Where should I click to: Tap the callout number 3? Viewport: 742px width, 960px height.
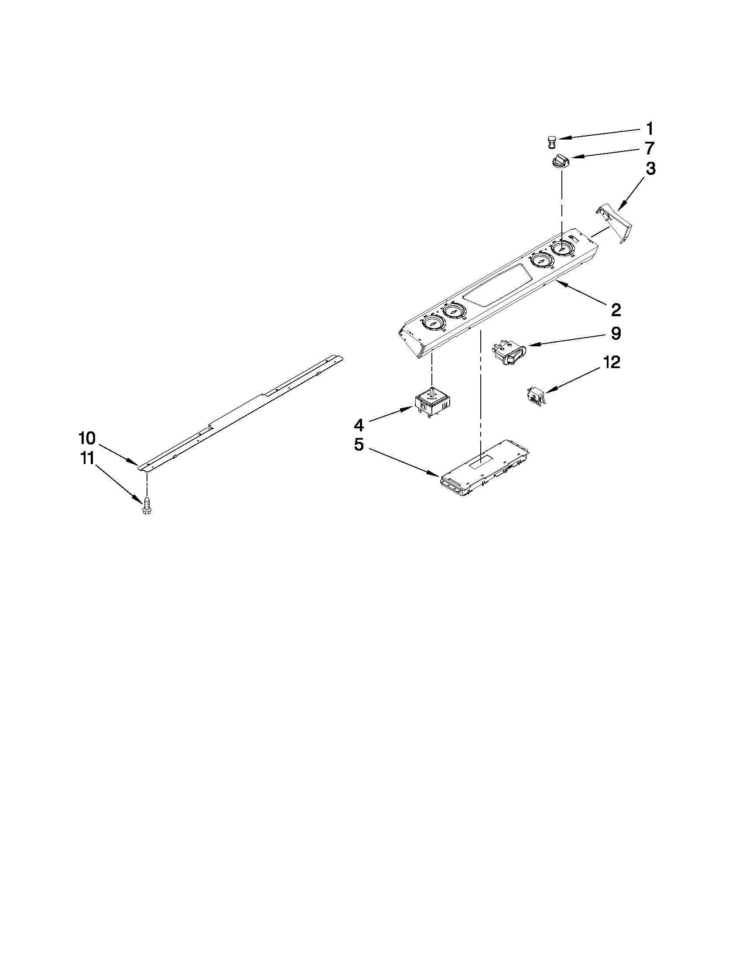(650, 169)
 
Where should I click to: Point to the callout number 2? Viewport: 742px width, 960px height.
(615, 310)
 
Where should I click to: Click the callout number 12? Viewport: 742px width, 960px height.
(611, 362)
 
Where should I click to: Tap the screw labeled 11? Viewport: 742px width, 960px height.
(147, 506)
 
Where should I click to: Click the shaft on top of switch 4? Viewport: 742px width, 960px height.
(433, 390)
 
